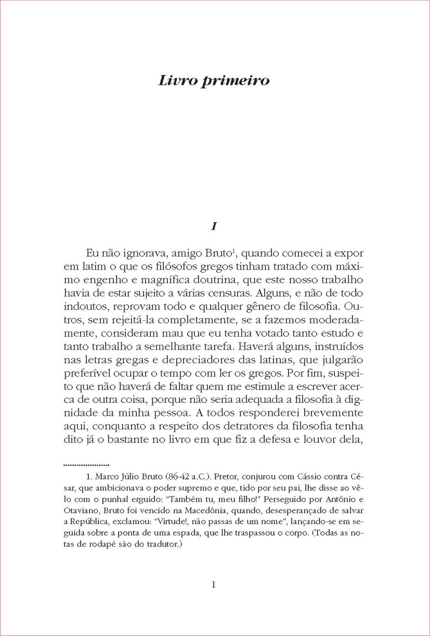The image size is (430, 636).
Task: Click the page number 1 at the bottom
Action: [214, 584]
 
